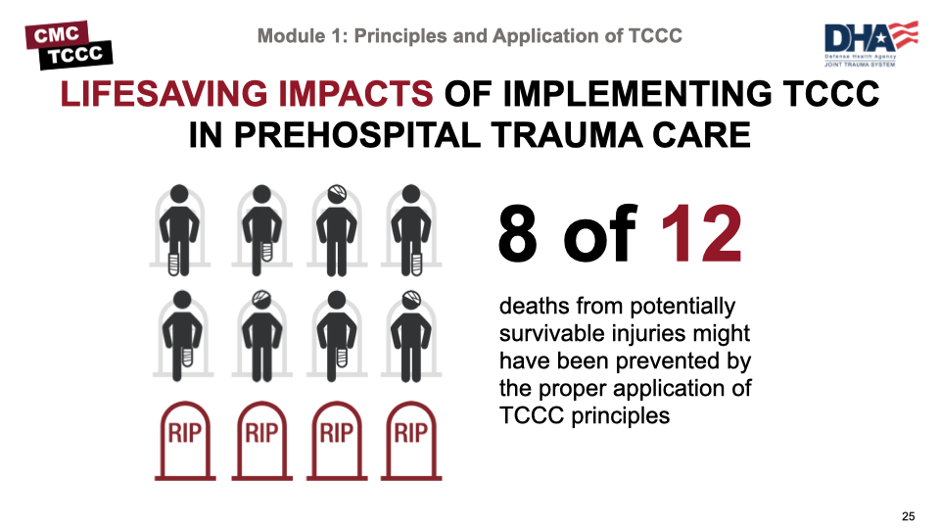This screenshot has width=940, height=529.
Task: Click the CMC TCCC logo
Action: (69, 45)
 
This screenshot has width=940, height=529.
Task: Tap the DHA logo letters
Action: (859, 38)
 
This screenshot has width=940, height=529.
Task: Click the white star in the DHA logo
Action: (881, 39)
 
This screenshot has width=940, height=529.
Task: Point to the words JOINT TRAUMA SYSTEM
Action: (860, 65)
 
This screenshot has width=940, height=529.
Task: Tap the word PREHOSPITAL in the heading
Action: (357, 135)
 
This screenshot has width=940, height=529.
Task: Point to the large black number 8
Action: (517, 233)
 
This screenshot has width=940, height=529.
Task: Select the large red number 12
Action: (702, 233)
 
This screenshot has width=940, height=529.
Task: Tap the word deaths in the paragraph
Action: (535, 306)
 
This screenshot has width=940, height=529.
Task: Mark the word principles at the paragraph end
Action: (621, 415)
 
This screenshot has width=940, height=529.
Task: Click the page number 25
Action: (909, 516)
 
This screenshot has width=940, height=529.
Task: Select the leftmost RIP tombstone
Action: (185, 441)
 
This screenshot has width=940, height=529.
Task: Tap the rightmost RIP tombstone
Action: (411, 441)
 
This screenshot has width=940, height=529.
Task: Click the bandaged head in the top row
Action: (337, 194)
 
